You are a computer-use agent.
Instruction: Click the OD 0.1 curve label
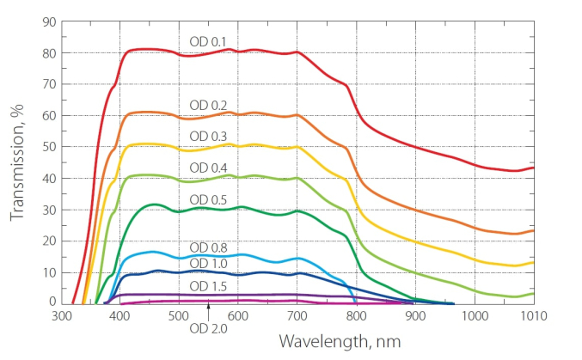tap(208, 41)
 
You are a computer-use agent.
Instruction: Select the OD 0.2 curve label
tap(208, 105)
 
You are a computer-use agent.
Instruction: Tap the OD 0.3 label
tap(208, 136)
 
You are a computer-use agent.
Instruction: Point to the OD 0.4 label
tap(208, 167)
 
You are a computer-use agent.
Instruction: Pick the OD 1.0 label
tap(208, 263)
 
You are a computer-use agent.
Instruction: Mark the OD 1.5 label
tap(208, 285)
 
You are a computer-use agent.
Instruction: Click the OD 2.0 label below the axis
tap(208, 328)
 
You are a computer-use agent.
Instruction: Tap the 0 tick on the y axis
tap(51, 302)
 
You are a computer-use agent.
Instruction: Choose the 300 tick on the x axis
tap(61, 315)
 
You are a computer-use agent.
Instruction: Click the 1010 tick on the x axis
tap(533, 315)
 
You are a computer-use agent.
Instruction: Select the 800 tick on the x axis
tap(357, 315)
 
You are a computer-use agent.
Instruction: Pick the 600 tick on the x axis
tap(238, 315)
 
